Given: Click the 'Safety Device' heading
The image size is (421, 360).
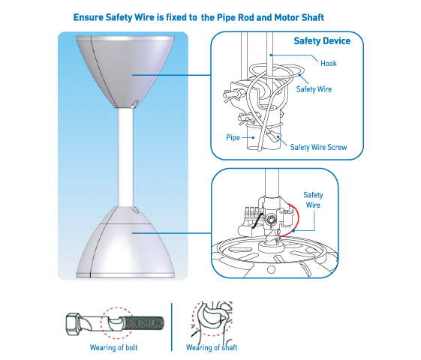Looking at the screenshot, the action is point(322,40).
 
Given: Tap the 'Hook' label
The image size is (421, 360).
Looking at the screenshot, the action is point(329,63).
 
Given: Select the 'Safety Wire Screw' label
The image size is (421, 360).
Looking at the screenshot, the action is point(318,147).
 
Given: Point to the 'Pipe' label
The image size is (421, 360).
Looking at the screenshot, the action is point(233,137).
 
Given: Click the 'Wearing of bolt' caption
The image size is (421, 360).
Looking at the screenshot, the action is point(113,348).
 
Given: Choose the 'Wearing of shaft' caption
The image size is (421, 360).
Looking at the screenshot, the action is point(212,348).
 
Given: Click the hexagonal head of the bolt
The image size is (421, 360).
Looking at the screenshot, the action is point(73,324).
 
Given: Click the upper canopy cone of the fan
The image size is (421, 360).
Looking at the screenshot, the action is point(125,72).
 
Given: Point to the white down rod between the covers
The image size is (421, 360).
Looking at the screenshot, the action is point(125,157).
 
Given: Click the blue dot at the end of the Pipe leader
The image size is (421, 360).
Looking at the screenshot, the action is point(253,137).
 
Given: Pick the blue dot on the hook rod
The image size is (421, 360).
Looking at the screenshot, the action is point(271,55).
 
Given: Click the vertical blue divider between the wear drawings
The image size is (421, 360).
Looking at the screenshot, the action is point(171,327).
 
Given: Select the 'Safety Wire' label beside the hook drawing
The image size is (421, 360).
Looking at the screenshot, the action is point(314,89).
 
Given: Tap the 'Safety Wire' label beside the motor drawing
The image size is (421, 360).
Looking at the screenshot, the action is point(313,199).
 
